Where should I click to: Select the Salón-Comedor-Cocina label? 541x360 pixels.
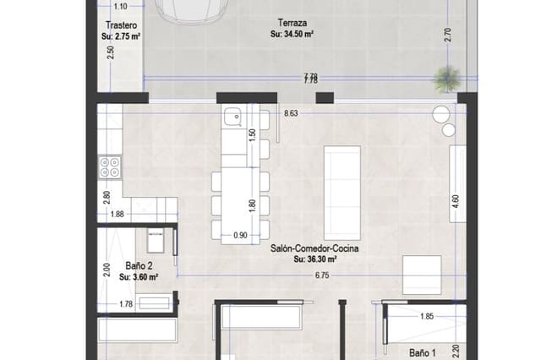tap(315, 249)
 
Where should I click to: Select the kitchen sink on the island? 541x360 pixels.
tap(232, 117)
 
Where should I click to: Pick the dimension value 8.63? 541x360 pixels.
tap(292, 112)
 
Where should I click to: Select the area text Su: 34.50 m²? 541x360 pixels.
tap(292, 35)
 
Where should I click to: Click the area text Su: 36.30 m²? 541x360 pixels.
tap(315, 260)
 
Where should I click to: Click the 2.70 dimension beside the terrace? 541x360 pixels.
tap(448, 36)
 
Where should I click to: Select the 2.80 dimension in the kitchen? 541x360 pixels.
tap(107, 198)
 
